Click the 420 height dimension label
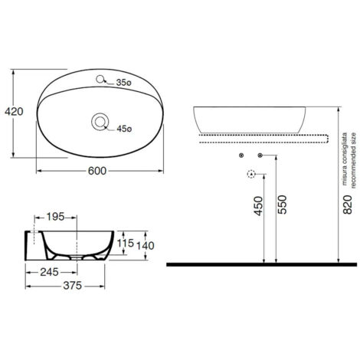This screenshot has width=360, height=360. click(14, 112)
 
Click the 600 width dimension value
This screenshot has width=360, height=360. click(97, 171)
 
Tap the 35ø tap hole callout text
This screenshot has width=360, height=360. click(123, 83)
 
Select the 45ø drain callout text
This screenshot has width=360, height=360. click(124, 129)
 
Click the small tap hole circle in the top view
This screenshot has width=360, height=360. click(100, 79)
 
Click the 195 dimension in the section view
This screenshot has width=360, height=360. click(55, 217)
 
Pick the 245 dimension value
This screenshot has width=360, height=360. click(49, 272)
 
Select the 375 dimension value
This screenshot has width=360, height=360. click(73, 286)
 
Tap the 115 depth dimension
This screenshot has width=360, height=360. click(126, 243)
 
